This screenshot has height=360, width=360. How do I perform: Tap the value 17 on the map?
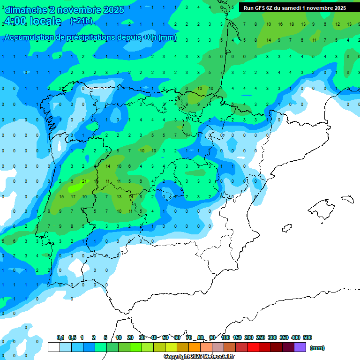click(73, 196)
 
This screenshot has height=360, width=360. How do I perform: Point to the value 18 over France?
click(292, 24)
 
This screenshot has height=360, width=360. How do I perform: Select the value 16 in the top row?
click(280, 24)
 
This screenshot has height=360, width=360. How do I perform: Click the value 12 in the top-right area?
click(337, 24)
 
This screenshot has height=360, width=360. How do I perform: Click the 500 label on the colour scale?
click(307, 337)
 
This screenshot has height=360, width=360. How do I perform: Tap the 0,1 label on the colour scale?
click(60, 337)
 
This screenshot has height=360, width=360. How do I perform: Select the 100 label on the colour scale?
click(225, 337)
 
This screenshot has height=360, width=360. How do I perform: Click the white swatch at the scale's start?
click(53, 347)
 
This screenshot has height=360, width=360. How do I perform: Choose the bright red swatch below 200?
click(253, 347)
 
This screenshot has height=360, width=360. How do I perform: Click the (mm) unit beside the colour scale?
click(317, 348)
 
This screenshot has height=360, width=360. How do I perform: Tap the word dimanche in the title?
click(26, 10)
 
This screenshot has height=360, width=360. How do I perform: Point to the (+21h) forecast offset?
click(81, 21)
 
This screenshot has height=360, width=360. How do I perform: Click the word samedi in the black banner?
click(290, 8)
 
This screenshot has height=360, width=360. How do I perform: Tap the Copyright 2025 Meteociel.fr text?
click(199, 357)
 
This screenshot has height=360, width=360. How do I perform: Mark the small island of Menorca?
click(347, 198)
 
